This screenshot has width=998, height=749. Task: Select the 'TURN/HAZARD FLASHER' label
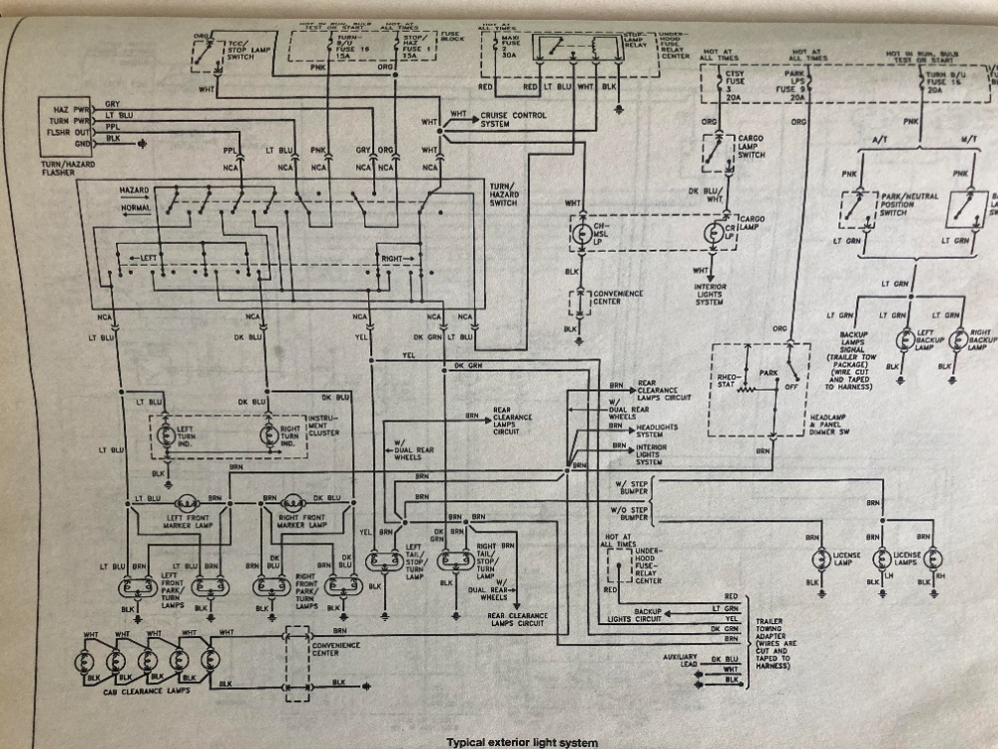pos(66,164)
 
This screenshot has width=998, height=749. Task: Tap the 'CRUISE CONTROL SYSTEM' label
pos(508,119)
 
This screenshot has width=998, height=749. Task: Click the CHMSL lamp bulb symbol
pos(582,233)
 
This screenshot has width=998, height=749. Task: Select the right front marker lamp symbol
pos(291,502)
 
